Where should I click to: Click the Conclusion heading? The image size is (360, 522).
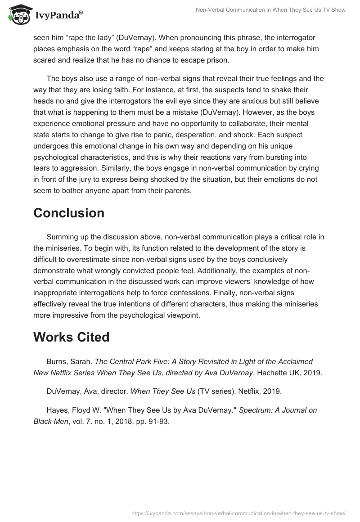[69, 213]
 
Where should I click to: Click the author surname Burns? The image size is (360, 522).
[57, 361]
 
